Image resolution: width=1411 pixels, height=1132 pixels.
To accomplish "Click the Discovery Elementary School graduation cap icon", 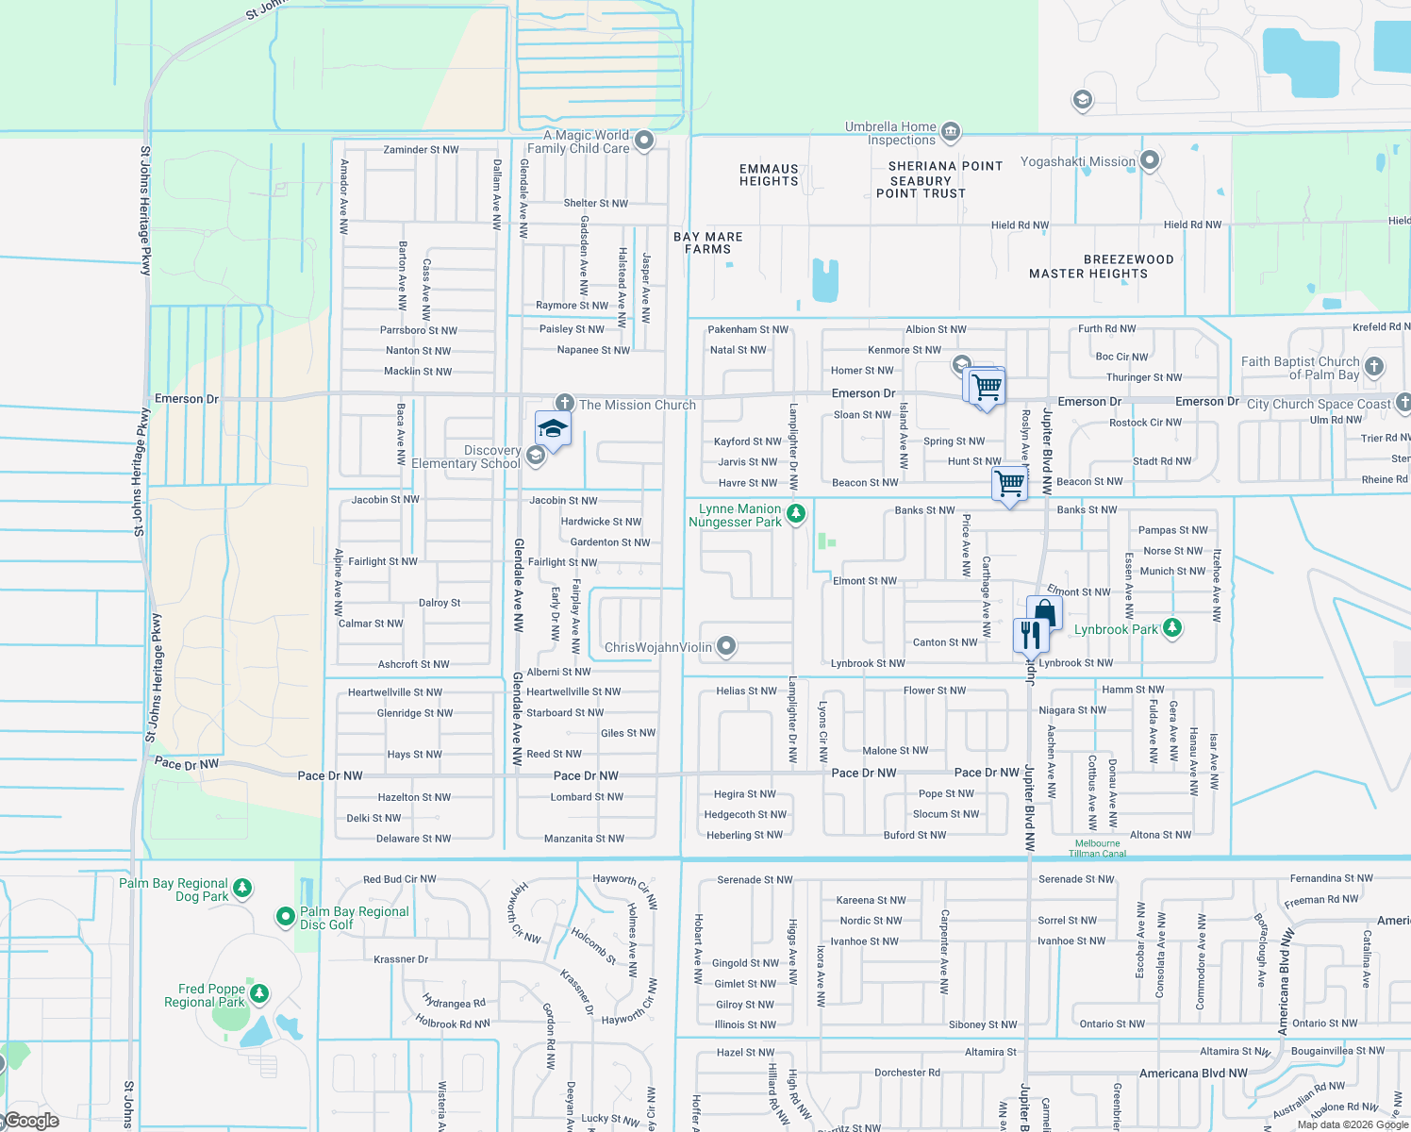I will [x=553, y=430].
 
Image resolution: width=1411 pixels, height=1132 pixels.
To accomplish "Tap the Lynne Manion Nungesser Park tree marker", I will [x=796, y=514].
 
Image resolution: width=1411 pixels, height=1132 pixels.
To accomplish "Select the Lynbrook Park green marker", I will [x=1171, y=627].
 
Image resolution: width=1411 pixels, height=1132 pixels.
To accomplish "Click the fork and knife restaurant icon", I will [x=1030, y=636].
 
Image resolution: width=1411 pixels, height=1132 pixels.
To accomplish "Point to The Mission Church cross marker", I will [x=564, y=404].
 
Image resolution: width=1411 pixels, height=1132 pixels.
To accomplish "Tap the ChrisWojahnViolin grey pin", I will [x=725, y=646].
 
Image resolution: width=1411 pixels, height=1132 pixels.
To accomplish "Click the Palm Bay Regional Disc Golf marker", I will [x=285, y=916].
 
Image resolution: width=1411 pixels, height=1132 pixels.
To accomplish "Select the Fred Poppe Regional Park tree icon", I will [x=259, y=993].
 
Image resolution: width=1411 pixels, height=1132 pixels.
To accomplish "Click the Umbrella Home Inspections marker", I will [x=951, y=131].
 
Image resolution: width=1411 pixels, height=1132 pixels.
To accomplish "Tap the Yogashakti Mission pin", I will [x=1149, y=160].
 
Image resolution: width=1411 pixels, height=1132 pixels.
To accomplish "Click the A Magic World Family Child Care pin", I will [x=644, y=141].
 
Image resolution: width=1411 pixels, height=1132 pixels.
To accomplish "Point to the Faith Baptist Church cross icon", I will [x=1374, y=366].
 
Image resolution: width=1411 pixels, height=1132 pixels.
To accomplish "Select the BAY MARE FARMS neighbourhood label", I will [x=708, y=243].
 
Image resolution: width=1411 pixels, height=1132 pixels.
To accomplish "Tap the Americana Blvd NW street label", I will [x=1192, y=1074].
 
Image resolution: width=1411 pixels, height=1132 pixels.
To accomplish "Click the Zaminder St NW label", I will [x=421, y=150].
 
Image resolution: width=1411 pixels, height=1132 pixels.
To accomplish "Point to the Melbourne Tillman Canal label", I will [x=1098, y=848].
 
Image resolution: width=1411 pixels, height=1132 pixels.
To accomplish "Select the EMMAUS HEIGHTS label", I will [x=769, y=175].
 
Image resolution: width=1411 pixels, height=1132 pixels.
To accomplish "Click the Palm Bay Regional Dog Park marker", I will [x=242, y=888].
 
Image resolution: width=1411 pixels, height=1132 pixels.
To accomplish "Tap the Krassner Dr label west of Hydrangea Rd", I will [x=401, y=959].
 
